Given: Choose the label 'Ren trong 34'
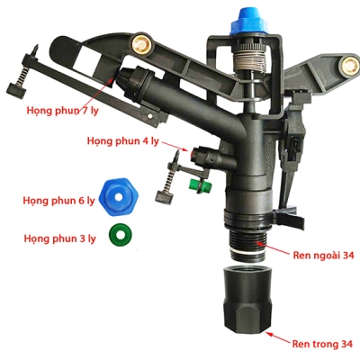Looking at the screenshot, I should click(319, 342).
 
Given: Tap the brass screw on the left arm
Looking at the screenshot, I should click(143, 42).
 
